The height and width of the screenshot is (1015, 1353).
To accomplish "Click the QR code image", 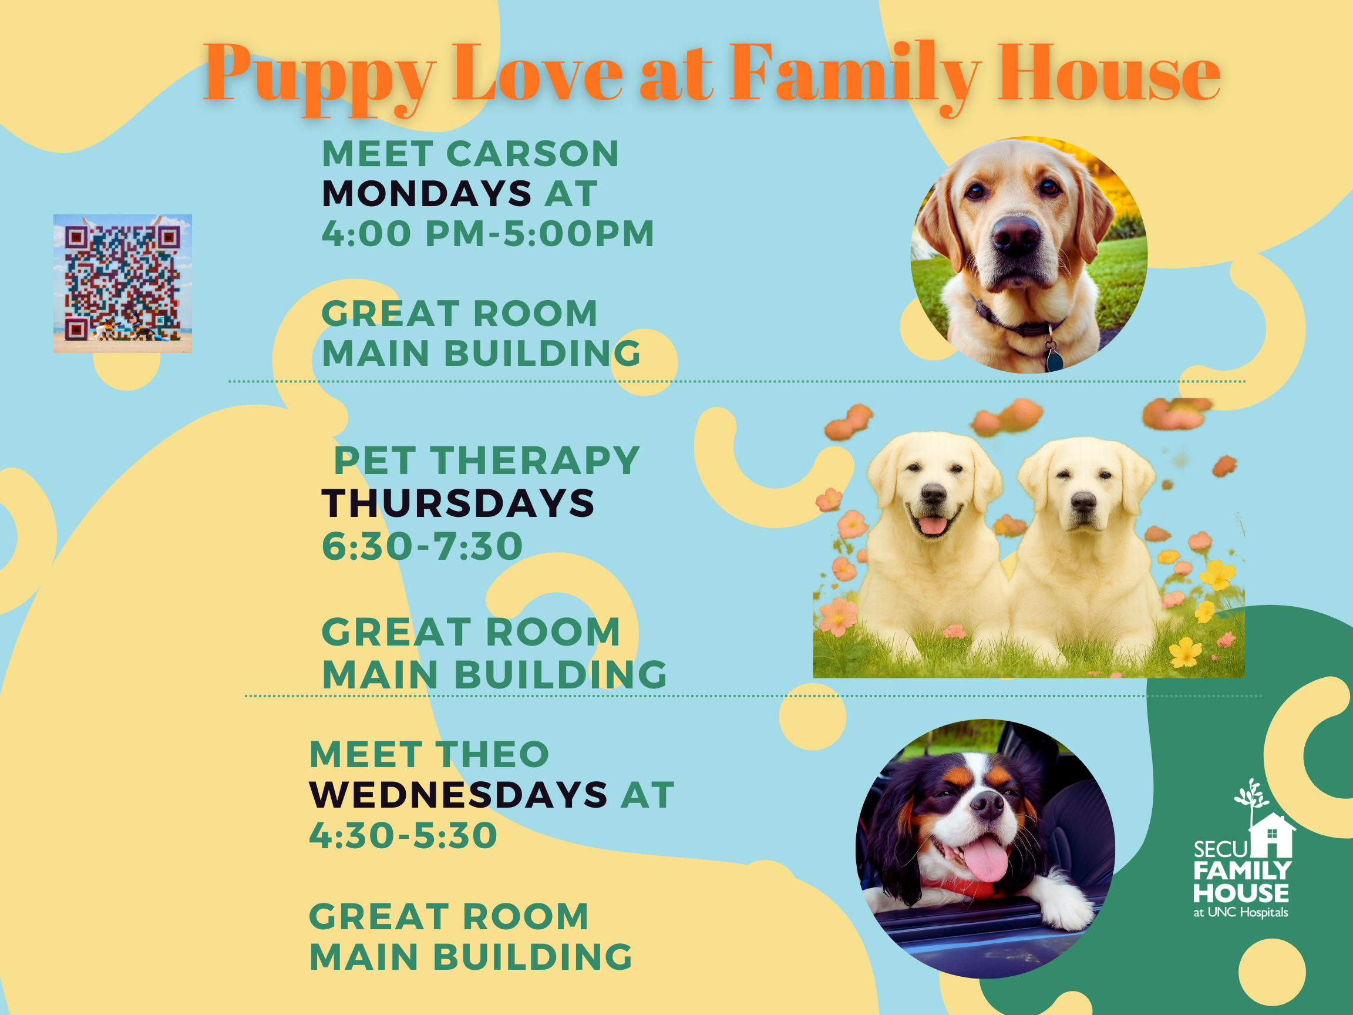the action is coord(122,283).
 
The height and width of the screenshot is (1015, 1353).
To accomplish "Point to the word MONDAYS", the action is coord(427,193).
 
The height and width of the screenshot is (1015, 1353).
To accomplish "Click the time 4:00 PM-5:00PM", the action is coord(488,233).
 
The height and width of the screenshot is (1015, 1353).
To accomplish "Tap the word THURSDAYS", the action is coord(458,503).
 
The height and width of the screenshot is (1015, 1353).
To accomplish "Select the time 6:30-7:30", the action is coord(423,545).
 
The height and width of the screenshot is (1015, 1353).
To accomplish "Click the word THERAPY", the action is coord(535,460).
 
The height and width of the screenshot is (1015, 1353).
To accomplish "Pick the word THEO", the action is coord(492,754).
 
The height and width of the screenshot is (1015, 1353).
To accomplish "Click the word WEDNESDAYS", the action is coord(458,794).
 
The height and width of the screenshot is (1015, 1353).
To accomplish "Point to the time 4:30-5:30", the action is coord(403,835).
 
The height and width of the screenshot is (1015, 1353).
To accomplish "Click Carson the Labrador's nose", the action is coord(1015,234).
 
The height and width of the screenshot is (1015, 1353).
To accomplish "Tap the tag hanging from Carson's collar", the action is coord(1054,357).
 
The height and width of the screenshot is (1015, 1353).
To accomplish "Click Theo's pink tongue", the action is coord(985,859).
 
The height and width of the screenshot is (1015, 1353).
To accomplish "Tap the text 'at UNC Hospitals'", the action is coord(1240,912).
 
